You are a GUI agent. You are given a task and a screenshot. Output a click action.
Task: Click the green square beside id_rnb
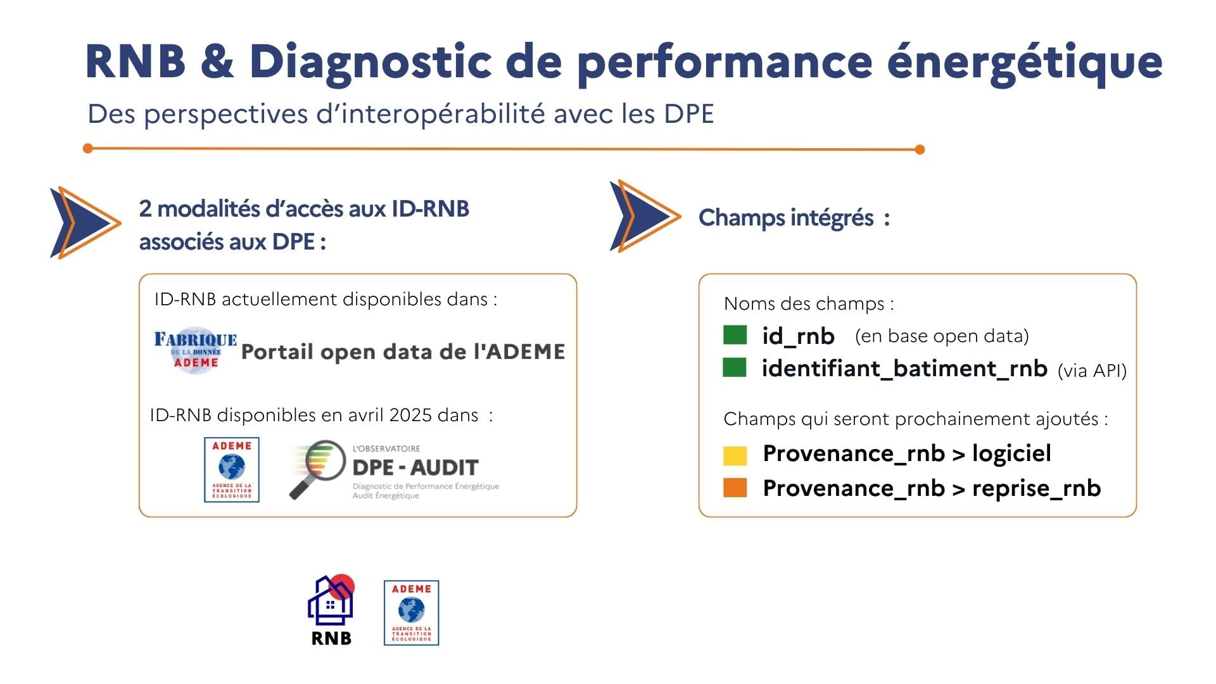coord(735,335)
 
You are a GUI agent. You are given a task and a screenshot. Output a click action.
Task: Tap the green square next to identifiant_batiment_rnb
coord(735,367)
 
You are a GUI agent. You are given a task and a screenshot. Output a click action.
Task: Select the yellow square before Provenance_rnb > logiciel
coord(735,455)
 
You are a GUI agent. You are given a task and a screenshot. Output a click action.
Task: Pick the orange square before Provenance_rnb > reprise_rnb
coord(735,488)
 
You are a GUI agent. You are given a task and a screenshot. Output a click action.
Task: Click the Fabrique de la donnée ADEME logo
coord(196,350)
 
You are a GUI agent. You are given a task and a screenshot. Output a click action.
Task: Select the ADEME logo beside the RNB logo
coord(412,613)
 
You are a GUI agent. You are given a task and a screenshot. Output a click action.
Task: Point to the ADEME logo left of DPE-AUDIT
coord(232,470)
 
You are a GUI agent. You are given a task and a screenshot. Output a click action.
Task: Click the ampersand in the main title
coord(218,61)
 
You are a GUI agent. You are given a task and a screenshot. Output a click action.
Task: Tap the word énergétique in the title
coord(1025,63)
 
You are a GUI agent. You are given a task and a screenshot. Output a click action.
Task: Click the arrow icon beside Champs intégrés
coord(645,216)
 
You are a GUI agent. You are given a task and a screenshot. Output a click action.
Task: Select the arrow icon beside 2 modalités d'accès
coord(85,222)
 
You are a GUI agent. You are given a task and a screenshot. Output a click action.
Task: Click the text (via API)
coord(1092,370)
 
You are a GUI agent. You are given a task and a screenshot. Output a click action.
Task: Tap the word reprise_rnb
coord(1037,488)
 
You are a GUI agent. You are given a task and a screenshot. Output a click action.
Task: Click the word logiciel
coord(1011,453)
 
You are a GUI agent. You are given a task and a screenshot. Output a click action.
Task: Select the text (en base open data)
coord(942,336)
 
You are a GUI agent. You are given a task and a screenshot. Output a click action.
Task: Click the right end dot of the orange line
coord(920,149)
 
